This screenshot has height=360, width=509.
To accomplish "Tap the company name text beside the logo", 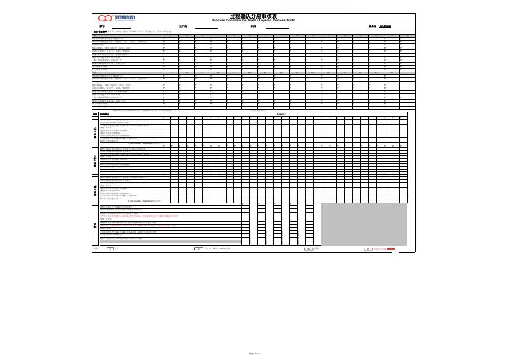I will (125, 16).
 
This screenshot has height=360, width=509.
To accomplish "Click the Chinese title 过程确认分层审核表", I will (253, 15).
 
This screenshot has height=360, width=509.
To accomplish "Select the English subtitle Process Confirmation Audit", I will (253, 20).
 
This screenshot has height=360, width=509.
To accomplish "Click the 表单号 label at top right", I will (372, 26).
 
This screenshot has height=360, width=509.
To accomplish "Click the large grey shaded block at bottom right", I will (364, 224).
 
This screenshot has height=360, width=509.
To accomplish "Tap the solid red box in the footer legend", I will (391, 249).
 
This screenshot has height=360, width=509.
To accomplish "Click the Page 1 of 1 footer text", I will (254, 353).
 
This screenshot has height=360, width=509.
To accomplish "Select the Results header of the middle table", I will (281, 113).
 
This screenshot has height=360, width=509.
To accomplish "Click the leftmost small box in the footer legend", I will (110, 249).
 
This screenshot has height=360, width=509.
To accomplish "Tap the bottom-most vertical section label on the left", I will (95, 224).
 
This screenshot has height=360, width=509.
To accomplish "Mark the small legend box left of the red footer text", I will (367, 249).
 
